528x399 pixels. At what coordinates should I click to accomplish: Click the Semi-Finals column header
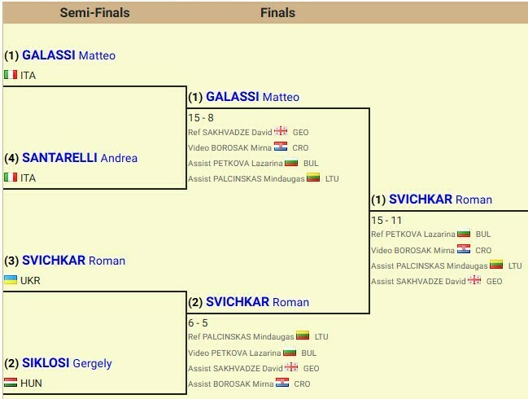(94, 12)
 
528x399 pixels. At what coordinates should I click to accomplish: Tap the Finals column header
(277, 12)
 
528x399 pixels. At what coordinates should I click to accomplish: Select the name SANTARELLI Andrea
(80, 158)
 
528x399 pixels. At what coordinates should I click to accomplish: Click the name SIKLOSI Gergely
(67, 363)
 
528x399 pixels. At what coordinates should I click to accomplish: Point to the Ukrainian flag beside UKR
(11, 280)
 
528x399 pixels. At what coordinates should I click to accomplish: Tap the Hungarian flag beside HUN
(11, 383)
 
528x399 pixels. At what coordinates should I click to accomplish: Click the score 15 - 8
(201, 117)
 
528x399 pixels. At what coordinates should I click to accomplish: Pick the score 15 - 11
(386, 220)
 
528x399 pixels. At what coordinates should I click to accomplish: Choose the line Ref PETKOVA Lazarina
(412, 235)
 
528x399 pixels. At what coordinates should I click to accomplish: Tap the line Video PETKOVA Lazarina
(234, 353)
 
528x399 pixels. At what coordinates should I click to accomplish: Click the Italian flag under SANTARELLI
(11, 178)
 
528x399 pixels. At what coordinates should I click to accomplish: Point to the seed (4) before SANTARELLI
(11, 158)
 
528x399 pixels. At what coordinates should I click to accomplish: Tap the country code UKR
(30, 280)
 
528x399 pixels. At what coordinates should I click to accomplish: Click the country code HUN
(31, 383)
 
